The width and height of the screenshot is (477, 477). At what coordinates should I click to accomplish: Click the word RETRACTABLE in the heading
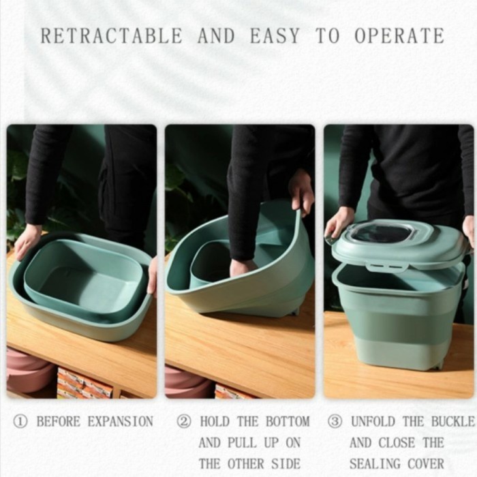tap(111, 36)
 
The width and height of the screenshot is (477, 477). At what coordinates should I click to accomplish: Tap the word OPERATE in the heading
tap(399, 36)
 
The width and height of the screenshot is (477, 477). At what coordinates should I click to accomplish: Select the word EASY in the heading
tap(275, 36)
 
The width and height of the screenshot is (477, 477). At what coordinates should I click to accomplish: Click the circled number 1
tap(20, 422)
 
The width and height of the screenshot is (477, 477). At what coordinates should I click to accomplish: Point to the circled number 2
tap(184, 422)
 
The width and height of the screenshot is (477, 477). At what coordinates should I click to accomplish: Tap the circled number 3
tap(335, 422)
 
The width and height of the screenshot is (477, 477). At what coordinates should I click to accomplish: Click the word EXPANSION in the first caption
tap(121, 422)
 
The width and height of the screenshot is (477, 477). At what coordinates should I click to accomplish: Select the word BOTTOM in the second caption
tap(288, 422)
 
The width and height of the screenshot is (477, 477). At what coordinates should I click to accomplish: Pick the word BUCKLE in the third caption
tap(453, 422)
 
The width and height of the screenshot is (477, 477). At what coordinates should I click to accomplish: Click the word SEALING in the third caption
tap(375, 464)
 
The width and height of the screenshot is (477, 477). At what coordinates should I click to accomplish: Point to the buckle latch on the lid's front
tap(387, 266)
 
